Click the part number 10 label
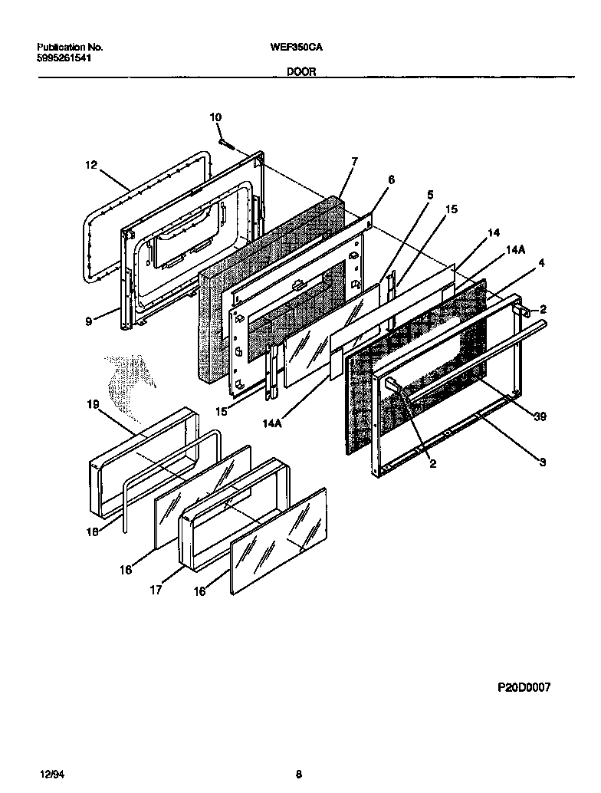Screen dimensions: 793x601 pyautogui.click(x=215, y=117)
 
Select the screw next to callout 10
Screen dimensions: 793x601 pyautogui.click(x=224, y=142)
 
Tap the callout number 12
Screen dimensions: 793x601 pyautogui.click(x=91, y=164)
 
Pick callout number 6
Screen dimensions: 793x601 pyautogui.click(x=391, y=179)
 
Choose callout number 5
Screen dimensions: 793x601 pyautogui.click(x=430, y=195)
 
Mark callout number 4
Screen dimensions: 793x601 pyautogui.click(x=541, y=263)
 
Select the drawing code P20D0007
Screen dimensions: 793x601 pyautogui.click(x=524, y=689)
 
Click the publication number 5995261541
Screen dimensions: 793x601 pyautogui.click(x=64, y=58)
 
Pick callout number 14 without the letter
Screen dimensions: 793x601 pyautogui.click(x=493, y=232)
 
